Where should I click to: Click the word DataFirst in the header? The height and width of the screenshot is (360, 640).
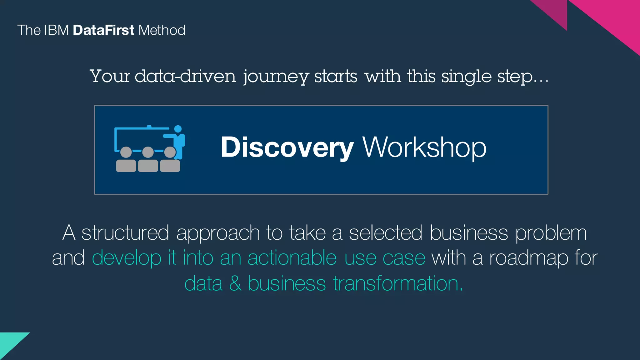point(103,30)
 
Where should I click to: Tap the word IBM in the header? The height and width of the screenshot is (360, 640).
point(57,30)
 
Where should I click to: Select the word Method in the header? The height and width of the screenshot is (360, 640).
point(162,30)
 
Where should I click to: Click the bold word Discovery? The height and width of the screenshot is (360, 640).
point(287,147)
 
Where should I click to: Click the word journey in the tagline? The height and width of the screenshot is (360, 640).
point(276,77)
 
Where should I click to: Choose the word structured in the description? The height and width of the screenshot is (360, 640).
point(125,233)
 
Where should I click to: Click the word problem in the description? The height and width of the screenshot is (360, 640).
point(551,233)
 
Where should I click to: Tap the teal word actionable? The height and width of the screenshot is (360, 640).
point(292,258)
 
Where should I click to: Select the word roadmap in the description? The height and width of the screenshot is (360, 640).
point(528,259)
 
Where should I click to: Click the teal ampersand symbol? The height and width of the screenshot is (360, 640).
point(235,283)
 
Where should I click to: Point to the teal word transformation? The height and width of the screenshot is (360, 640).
point(397,283)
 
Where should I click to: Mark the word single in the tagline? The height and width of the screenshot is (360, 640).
point(466,77)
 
